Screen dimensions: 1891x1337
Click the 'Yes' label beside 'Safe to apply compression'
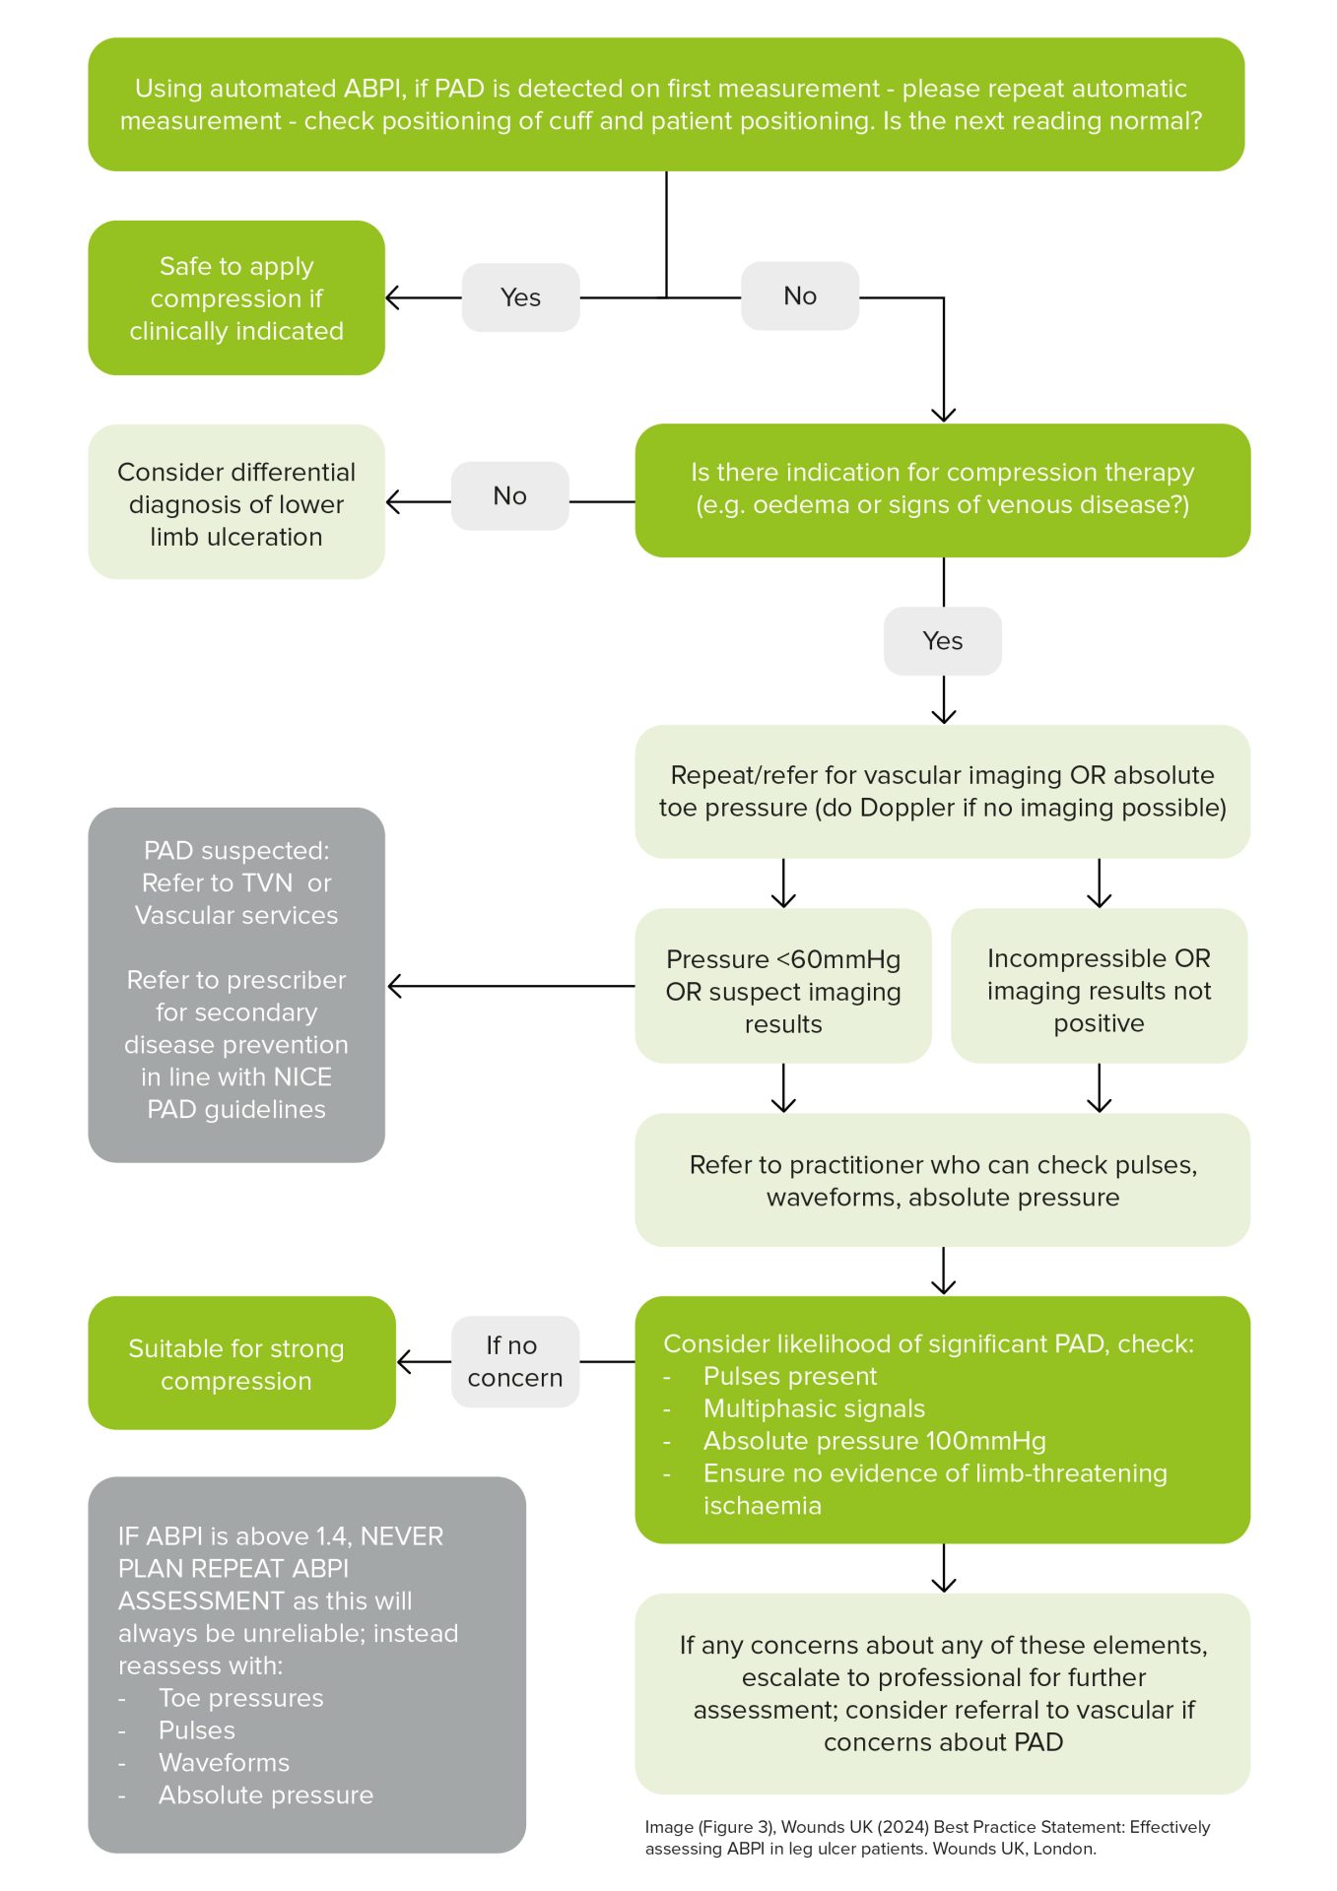click(520, 297)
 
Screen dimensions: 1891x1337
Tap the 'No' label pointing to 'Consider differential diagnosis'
click(509, 496)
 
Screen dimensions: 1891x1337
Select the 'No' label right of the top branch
click(799, 296)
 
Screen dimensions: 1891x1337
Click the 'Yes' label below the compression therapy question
click(942, 641)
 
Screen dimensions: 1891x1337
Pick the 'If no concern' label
click(514, 1361)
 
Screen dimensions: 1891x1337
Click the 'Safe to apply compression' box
click(236, 298)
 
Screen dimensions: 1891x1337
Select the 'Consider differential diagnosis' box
click(236, 503)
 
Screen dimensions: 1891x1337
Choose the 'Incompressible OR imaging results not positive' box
click(1099, 990)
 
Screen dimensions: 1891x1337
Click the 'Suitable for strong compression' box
click(241, 1364)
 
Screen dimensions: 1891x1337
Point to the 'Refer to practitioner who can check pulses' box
click(942, 1180)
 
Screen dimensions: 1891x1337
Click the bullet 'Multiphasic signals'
click(814, 1408)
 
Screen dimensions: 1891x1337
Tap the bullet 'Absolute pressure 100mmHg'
click(874, 1441)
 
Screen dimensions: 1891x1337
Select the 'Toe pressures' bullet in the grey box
click(240, 1698)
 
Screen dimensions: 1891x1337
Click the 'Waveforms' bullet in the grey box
click(224, 1762)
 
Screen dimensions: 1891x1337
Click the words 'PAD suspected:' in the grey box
click(236, 850)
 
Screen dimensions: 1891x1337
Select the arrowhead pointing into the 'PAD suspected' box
click(395, 986)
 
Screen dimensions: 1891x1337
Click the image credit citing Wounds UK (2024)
click(926, 1838)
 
